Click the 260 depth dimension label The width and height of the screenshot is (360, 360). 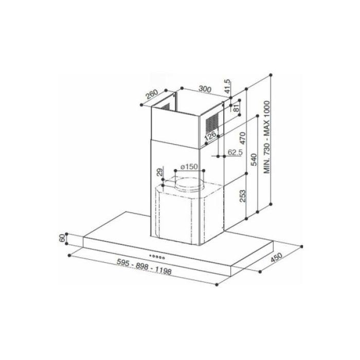pyautogui.click(x=151, y=96)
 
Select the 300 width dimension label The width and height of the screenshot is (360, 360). pyautogui.click(x=205, y=89)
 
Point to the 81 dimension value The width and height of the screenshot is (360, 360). pyautogui.click(x=237, y=108)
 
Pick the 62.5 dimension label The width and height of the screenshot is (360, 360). pyautogui.click(x=234, y=152)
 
